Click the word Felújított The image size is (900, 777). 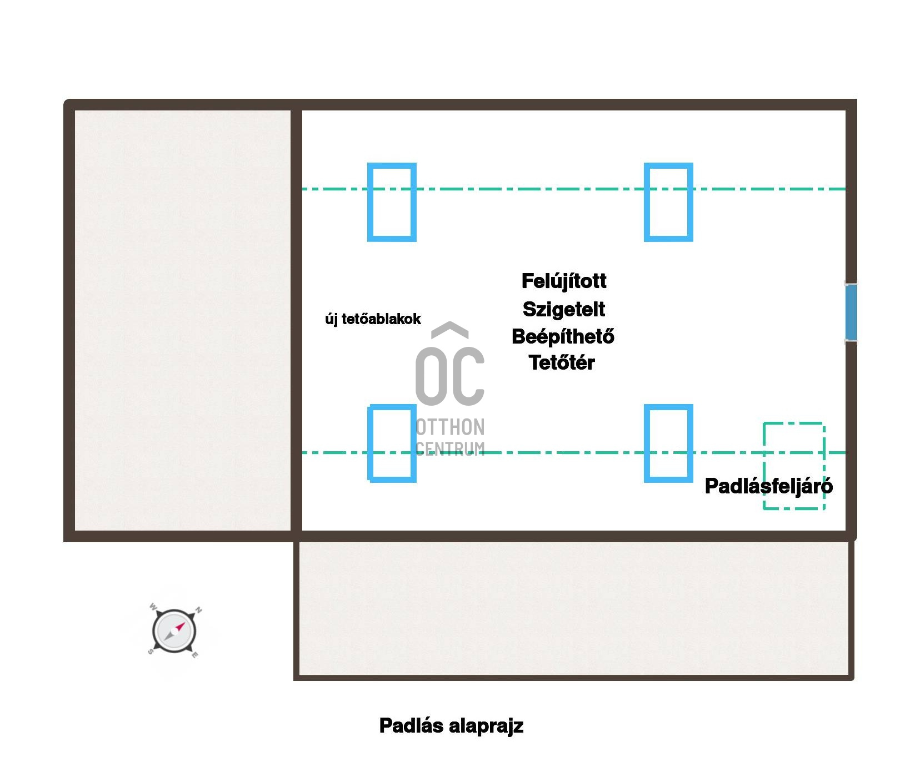click(564, 281)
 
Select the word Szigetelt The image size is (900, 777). click(564, 309)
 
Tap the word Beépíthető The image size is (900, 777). click(563, 336)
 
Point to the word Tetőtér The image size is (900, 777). click(562, 362)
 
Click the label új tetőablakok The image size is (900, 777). click(373, 319)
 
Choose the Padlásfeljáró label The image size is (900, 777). click(769, 486)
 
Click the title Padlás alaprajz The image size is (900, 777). click(451, 726)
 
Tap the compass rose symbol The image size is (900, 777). click(174, 631)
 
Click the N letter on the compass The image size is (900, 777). click(199, 610)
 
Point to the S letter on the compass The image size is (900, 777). click(151, 652)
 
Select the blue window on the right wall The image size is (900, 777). click(851, 312)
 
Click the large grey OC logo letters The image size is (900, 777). click(450, 376)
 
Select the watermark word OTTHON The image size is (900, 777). click(451, 427)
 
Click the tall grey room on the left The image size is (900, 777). click(183, 320)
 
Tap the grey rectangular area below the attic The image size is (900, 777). click(574, 608)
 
